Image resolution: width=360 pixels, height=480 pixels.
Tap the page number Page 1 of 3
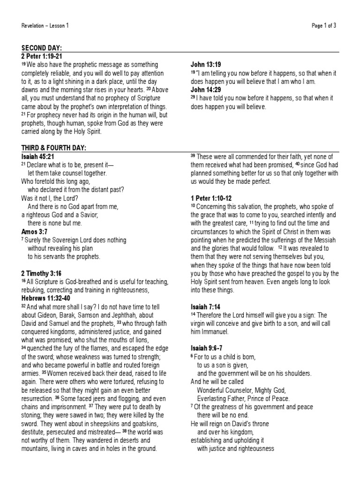click(x=324, y=26)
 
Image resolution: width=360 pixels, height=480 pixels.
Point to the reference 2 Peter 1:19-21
click(x=42, y=56)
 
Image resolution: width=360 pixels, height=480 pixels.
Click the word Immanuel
click(x=213, y=331)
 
